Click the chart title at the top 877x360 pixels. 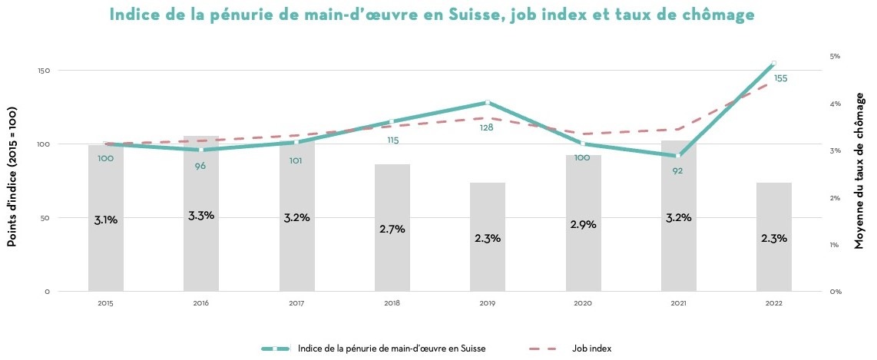click(x=438, y=15)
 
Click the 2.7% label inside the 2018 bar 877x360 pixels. click(x=392, y=229)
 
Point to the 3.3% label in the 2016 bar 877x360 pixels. click(x=200, y=216)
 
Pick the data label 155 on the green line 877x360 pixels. click(x=780, y=78)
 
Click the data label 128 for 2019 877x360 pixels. click(x=486, y=127)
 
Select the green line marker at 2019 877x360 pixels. click(x=488, y=102)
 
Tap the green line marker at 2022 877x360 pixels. click(x=773, y=63)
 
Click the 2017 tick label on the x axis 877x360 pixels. click(x=296, y=303)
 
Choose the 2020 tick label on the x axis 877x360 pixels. click(x=583, y=303)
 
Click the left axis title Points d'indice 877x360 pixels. click(x=12, y=177)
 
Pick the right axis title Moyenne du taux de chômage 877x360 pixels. click(x=859, y=177)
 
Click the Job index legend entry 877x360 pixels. click(x=591, y=348)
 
